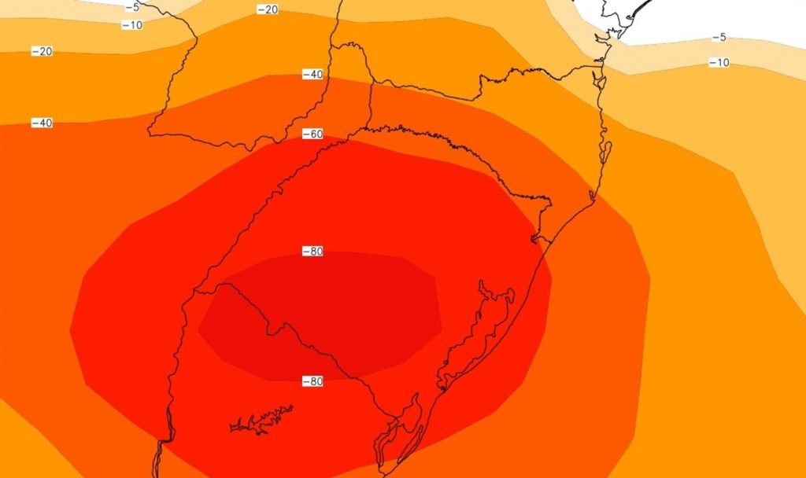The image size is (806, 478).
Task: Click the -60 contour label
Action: click(x=313, y=134)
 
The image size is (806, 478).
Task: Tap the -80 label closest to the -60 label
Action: click(x=313, y=252)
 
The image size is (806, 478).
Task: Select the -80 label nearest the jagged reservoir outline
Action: click(x=313, y=381)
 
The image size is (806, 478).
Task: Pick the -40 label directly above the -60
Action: click(x=313, y=75)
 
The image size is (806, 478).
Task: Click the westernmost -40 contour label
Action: click(x=42, y=123)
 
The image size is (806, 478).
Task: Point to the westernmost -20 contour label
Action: click(x=42, y=51)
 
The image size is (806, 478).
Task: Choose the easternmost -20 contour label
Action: click(x=268, y=9)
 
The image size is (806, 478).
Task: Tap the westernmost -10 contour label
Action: click(x=132, y=25)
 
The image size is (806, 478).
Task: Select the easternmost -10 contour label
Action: click(x=719, y=62)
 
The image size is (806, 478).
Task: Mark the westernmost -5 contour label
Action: click(x=132, y=7)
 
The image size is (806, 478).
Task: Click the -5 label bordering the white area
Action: click(x=719, y=38)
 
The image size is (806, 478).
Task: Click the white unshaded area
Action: click(x=708, y=16)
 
